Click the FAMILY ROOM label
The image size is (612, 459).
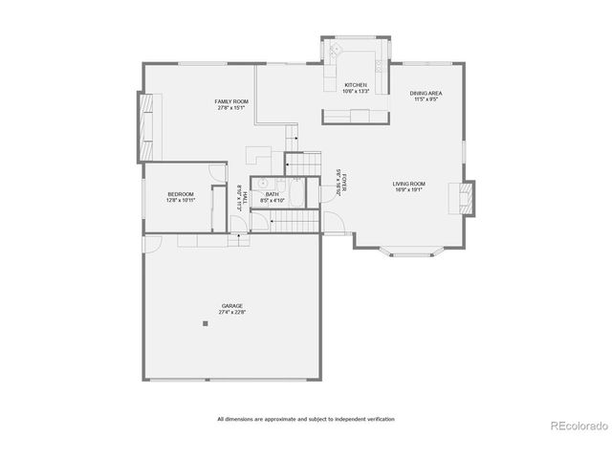pyautogui.click(x=230, y=100)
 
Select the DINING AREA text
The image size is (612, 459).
pyautogui.click(x=426, y=93)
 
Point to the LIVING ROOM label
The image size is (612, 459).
pyautogui.click(x=408, y=184)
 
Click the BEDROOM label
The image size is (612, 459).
pyautogui.click(x=180, y=194)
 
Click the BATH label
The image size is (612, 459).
pyautogui.click(x=272, y=194)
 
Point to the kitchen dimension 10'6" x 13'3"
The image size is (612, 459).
pyautogui.click(x=356, y=92)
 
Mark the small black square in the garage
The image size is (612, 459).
pyautogui.click(x=205, y=323)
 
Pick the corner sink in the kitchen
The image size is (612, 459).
pyautogui.click(x=335, y=50)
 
